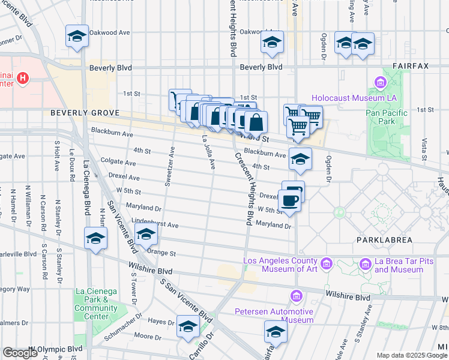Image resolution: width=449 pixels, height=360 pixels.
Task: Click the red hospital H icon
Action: pos(23,78)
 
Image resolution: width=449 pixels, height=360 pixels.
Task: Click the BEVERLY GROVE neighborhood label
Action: pos(85,113)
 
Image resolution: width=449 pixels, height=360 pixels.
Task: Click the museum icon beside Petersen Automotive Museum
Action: pos(295,296)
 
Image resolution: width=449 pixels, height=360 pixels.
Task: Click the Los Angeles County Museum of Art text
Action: pos(280,265)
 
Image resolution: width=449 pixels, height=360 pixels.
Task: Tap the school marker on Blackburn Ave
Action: pos(300,158)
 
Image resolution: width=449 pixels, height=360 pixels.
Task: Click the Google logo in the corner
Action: pos(20,353)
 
